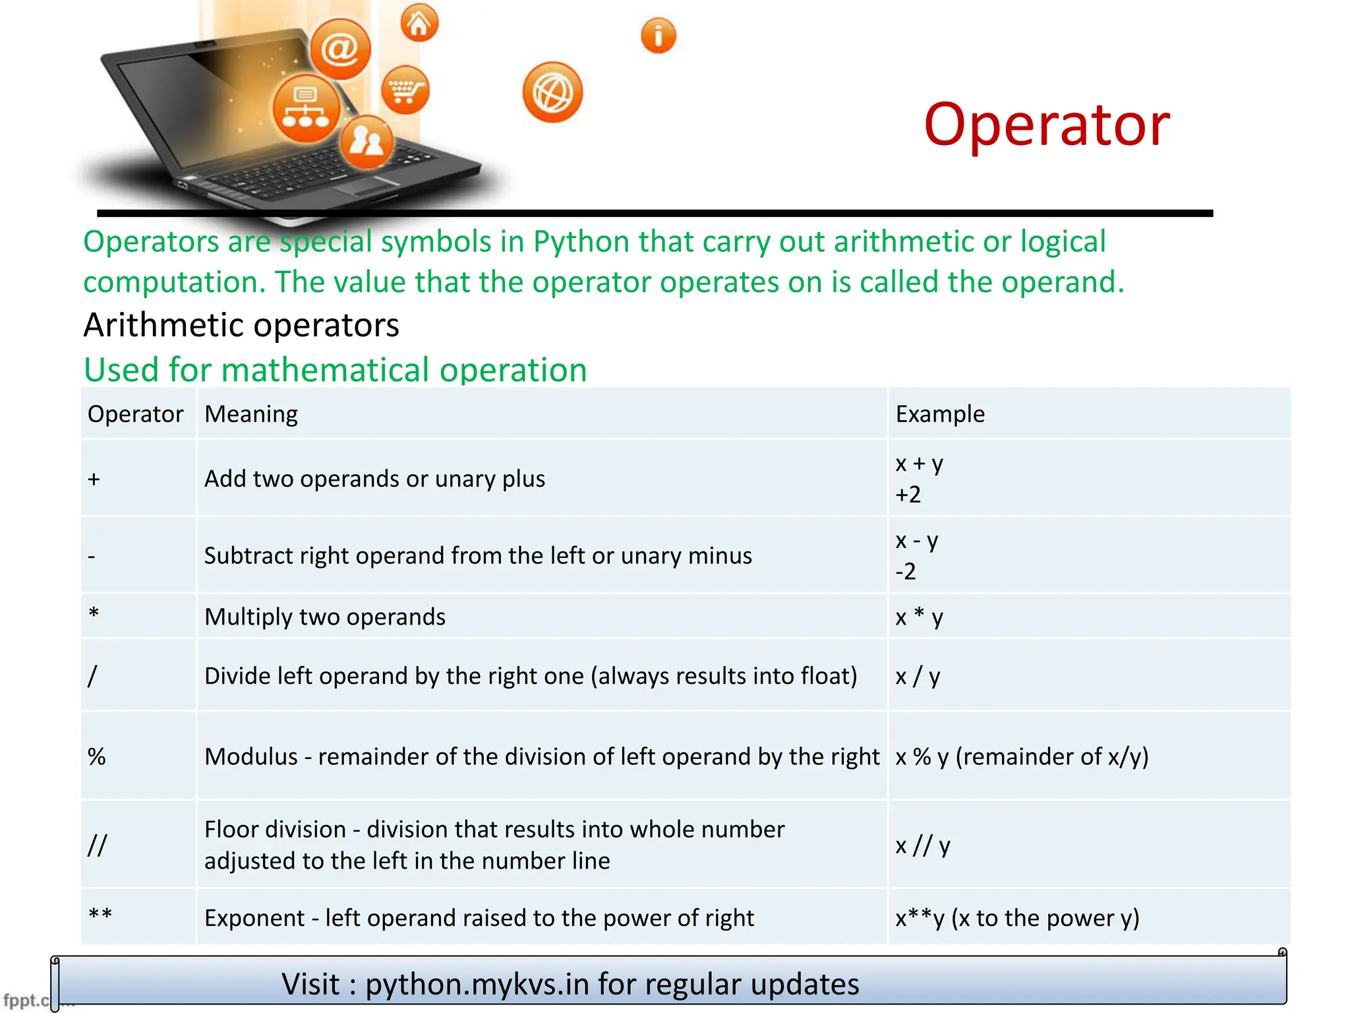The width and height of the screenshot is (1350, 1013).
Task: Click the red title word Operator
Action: (x=1046, y=125)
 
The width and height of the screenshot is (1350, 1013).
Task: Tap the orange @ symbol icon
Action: (x=340, y=49)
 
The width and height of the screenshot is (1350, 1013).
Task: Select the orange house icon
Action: (x=419, y=23)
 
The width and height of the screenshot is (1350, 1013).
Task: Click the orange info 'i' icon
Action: (x=658, y=36)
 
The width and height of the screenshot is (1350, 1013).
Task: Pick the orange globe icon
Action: (x=552, y=92)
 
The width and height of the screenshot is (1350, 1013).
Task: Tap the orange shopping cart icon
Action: (x=405, y=90)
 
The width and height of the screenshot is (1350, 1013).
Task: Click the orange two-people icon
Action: (x=367, y=141)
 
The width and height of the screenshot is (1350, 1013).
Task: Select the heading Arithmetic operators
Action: (x=241, y=325)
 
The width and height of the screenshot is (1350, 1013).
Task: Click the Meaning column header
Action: (x=251, y=414)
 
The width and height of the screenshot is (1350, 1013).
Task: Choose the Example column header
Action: (x=939, y=414)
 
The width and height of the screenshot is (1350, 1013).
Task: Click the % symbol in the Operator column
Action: (x=97, y=756)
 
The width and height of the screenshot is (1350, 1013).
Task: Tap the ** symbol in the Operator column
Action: (x=100, y=916)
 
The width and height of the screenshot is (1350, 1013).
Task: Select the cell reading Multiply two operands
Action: (x=325, y=617)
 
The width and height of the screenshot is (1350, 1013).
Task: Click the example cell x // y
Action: (x=922, y=845)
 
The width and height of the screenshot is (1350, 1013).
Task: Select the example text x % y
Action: (x=922, y=756)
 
